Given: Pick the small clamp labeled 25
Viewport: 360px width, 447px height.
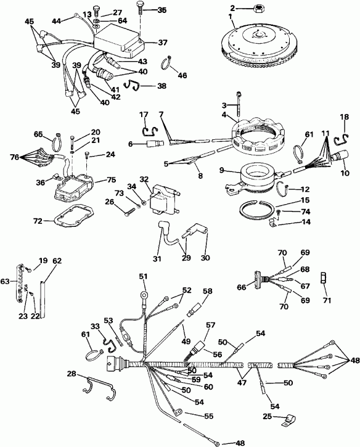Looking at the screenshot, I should click(285, 422).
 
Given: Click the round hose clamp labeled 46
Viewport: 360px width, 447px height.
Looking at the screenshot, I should click(168, 62).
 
